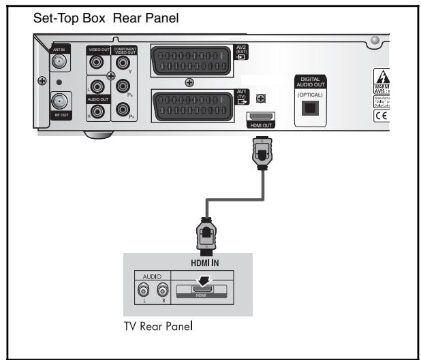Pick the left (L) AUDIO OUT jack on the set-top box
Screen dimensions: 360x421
click(98, 86)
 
